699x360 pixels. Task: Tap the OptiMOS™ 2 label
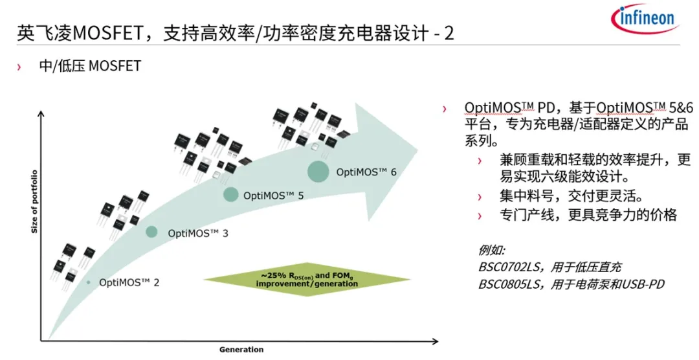[x=129, y=282]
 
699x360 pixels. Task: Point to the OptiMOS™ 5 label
[x=274, y=194]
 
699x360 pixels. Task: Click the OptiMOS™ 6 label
[x=366, y=172]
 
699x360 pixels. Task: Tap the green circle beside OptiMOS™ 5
[x=231, y=194]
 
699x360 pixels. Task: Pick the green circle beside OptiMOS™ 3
[x=151, y=232]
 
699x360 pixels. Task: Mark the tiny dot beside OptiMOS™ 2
[x=89, y=282]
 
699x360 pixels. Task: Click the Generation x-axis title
[x=241, y=350]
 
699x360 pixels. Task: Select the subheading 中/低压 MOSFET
[x=90, y=66]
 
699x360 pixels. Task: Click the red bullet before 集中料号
[x=480, y=197]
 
